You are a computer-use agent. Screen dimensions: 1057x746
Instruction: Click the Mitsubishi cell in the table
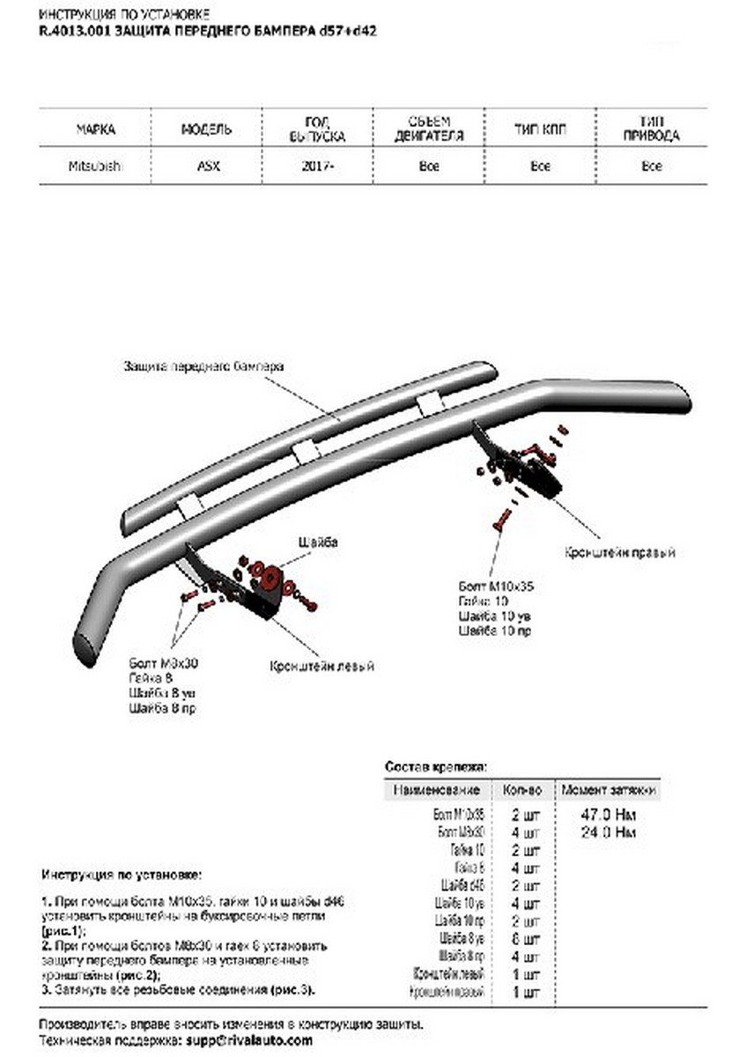94,166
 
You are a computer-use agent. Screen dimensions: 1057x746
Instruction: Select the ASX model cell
208,166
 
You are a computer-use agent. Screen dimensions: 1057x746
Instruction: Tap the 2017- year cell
317,166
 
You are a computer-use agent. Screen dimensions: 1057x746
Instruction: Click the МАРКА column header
95,129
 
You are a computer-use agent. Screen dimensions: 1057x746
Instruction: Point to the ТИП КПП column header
541,129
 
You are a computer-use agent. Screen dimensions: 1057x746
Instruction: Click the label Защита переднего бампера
203,366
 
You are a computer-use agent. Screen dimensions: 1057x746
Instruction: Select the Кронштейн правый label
620,552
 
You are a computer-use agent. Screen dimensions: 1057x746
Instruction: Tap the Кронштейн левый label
321,666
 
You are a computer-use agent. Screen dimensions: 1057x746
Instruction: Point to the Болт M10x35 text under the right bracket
497,585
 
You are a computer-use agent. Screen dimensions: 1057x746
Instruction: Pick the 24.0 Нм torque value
609,832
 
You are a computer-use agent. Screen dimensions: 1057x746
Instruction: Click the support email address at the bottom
246,1040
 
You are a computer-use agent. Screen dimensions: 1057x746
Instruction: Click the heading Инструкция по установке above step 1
121,875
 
